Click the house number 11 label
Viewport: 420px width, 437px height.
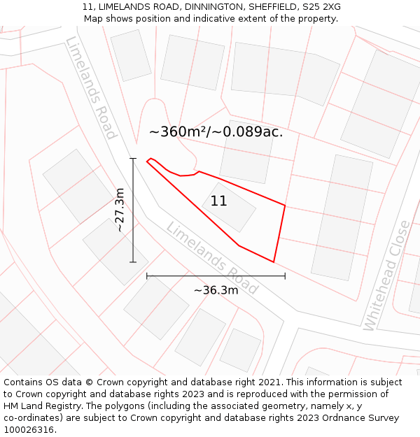(218, 201)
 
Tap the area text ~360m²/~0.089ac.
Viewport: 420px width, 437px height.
(216, 131)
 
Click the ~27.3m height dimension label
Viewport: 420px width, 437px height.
(120, 210)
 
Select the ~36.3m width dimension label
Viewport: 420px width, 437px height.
(216, 290)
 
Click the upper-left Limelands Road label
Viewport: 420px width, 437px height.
(90, 87)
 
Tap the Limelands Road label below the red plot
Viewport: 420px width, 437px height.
(212, 258)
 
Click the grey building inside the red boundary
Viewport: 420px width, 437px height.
(230, 207)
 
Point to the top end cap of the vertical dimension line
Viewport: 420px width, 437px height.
(133, 159)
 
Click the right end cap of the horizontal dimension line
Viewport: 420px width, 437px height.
(285, 276)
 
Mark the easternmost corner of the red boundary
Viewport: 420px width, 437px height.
(285, 206)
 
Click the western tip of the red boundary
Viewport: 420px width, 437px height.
(147, 162)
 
